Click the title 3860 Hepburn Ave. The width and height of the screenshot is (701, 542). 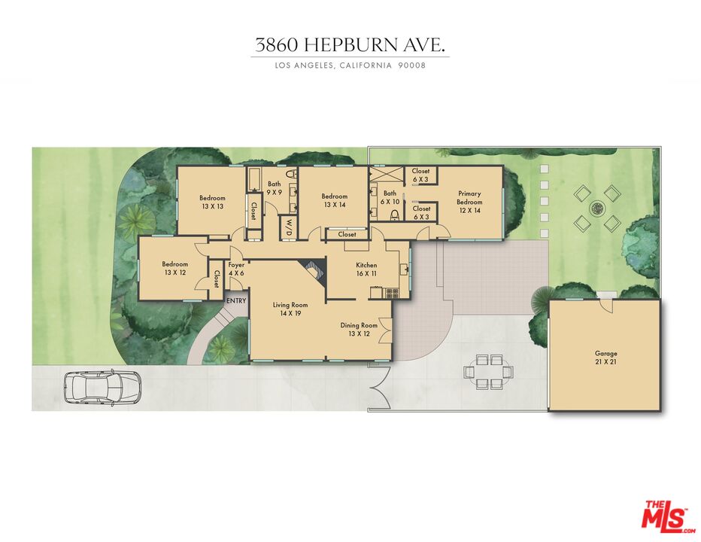pos(350,45)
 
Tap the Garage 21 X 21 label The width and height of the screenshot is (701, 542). pos(605,357)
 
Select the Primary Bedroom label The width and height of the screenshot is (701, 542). pos(469,202)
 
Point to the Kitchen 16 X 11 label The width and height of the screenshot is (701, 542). pos(366,269)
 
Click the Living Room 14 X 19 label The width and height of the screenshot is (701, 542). pos(290,309)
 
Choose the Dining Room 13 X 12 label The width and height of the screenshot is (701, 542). pos(358,329)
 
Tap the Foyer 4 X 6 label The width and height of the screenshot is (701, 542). pos(237,269)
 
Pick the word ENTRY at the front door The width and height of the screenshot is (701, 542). pos(236,301)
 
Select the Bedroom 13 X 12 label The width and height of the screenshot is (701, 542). pos(175,268)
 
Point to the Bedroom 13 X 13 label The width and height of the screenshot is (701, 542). pos(212,202)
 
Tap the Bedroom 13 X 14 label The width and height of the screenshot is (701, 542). pos(335,200)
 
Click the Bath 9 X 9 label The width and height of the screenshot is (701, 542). pos(274,187)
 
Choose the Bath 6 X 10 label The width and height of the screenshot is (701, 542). pos(390,196)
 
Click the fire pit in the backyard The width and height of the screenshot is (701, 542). pos(596,208)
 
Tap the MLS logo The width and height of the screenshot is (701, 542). pos(666,516)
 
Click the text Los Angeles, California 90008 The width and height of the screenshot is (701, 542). pos(350,65)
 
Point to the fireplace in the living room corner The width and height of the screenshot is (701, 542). pos(313,270)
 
